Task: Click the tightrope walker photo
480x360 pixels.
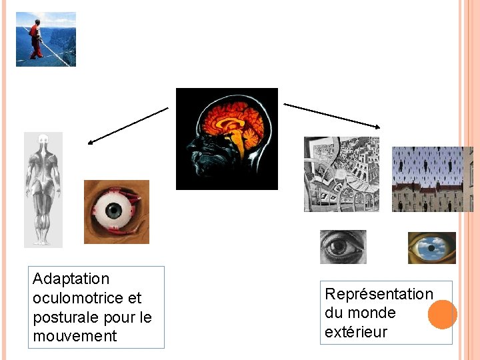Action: (x=45, y=39)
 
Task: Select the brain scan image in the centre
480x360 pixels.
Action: (x=227, y=139)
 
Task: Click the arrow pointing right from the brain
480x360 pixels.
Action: (x=332, y=115)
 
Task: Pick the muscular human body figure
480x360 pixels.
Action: (x=43, y=189)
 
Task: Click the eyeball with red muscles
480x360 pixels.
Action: (x=116, y=212)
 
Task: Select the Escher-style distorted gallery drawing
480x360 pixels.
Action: (x=341, y=174)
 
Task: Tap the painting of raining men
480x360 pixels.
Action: (x=431, y=179)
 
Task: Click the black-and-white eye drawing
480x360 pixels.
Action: (x=343, y=247)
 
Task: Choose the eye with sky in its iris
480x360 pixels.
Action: (x=431, y=248)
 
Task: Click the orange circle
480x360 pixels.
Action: (x=442, y=314)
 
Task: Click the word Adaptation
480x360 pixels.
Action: (x=71, y=279)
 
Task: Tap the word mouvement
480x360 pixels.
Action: (x=75, y=336)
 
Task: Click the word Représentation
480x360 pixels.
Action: (x=379, y=294)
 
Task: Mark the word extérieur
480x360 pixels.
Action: (x=356, y=331)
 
